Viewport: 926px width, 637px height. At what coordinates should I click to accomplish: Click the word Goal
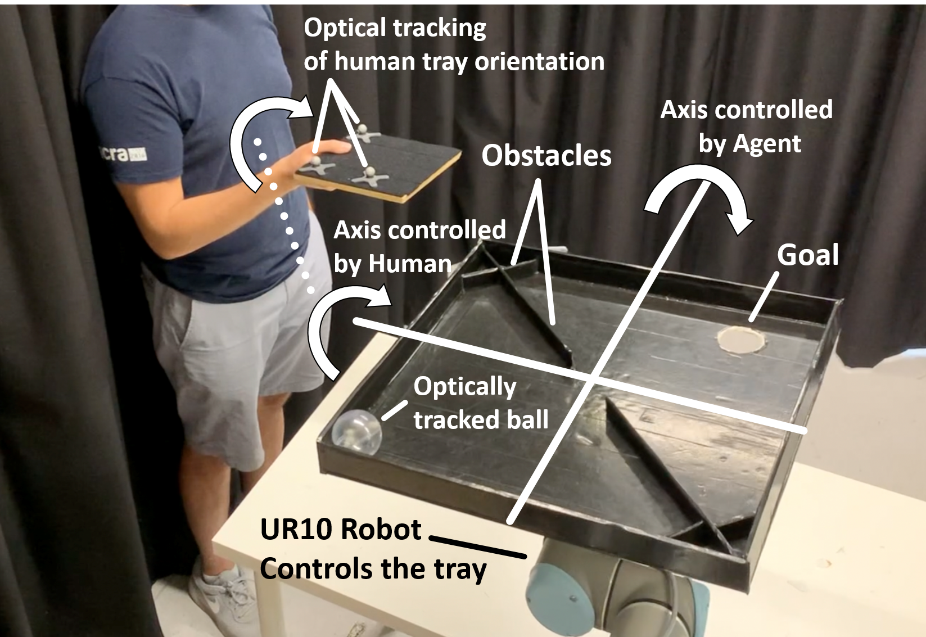pyautogui.click(x=807, y=255)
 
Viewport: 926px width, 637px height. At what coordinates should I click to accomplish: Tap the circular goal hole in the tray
pyautogui.click(x=741, y=339)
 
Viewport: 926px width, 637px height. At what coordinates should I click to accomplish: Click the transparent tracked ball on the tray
pyautogui.click(x=356, y=431)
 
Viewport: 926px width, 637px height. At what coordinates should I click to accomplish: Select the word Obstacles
pyautogui.click(x=546, y=156)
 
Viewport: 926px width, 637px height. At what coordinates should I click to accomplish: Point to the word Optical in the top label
pyautogui.click(x=345, y=28)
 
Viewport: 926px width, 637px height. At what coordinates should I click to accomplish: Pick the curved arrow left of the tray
pyautogui.click(x=337, y=326)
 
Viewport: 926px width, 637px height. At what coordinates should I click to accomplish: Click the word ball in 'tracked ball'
pyautogui.click(x=526, y=420)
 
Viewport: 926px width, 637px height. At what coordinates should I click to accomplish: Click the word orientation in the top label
pyautogui.click(x=539, y=62)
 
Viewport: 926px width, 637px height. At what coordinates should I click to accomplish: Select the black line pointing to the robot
pyautogui.click(x=478, y=547)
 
